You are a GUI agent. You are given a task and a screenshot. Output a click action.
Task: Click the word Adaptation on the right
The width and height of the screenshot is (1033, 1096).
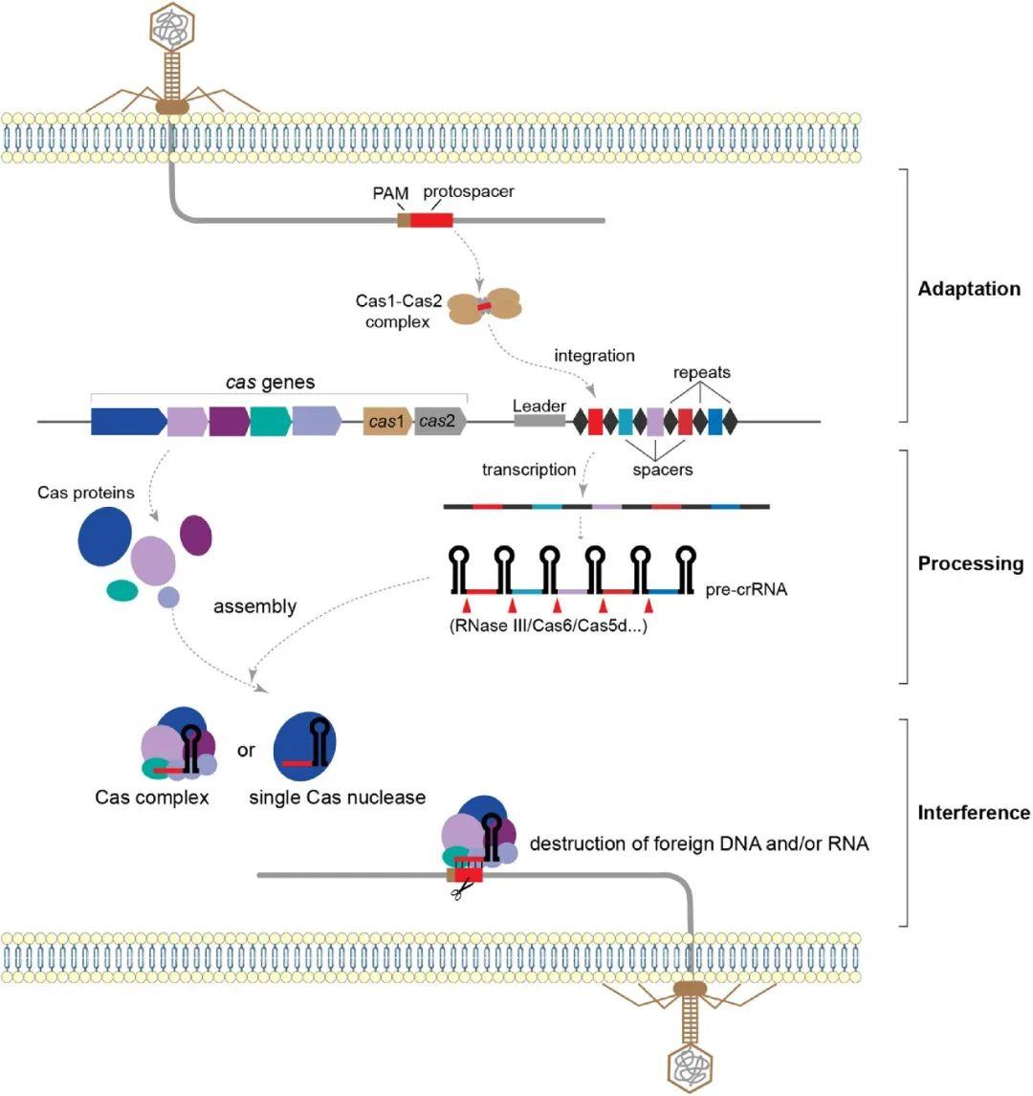pyautogui.click(x=969, y=289)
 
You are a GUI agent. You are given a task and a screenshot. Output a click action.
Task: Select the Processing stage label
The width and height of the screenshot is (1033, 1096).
pyautogui.click(x=970, y=563)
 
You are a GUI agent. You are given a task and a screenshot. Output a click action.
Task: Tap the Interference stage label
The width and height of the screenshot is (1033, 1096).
pyautogui.click(x=974, y=813)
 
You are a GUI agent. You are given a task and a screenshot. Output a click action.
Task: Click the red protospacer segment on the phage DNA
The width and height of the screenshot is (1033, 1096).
pyautogui.click(x=431, y=220)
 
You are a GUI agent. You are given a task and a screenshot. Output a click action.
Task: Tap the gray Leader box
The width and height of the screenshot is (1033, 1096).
pyautogui.click(x=539, y=421)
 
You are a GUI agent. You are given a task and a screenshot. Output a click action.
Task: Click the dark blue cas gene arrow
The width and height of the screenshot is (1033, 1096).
pyautogui.click(x=127, y=421)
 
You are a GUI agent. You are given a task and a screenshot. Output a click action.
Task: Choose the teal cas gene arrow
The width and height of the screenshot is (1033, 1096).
pyautogui.click(x=270, y=421)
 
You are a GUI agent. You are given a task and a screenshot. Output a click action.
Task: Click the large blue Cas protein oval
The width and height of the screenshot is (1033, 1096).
pyautogui.click(x=105, y=537)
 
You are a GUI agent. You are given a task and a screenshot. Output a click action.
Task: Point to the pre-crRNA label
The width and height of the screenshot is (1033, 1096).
pyautogui.click(x=746, y=589)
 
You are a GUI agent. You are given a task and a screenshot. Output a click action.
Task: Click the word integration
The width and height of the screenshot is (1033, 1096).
pyautogui.click(x=594, y=356)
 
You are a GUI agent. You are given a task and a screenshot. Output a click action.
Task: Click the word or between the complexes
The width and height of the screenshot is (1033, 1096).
pyautogui.click(x=246, y=751)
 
